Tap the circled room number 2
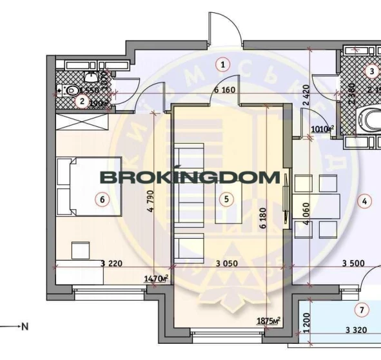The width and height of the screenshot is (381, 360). pyautogui.click(x=82, y=101)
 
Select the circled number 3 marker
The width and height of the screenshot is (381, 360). pyautogui.click(x=371, y=71)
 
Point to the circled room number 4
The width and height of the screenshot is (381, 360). pyautogui.click(x=364, y=201)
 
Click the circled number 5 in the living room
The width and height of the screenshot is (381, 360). pyautogui.click(x=226, y=199)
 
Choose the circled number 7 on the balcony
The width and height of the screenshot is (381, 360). pyautogui.click(x=362, y=311)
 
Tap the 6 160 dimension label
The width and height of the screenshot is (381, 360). pyautogui.click(x=224, y=90)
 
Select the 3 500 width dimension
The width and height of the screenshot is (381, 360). pyautogui.click(x=354, y=263)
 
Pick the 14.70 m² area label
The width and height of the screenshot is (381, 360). pyautogui.click(x=157, y=278)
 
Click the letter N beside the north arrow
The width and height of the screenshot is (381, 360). pyautogui.click(x=25, y=327)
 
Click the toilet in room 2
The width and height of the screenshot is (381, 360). pyautogui.click(x=71, y=90)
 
